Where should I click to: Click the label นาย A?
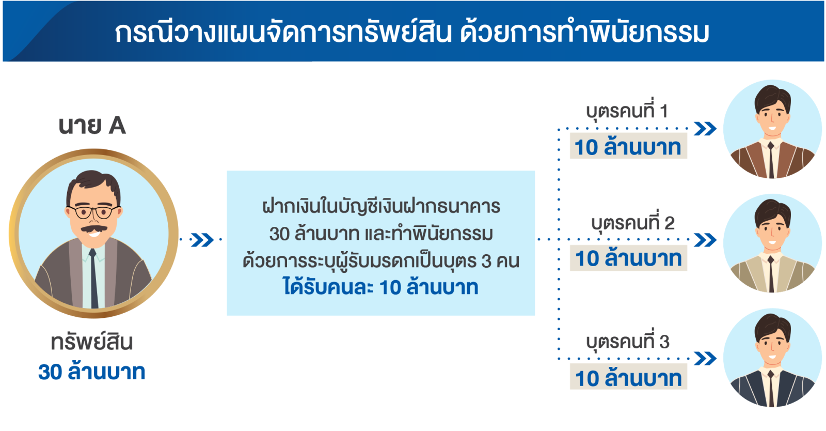click(92, 126)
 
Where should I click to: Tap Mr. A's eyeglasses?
click(93, 212)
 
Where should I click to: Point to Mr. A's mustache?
click(93, 228)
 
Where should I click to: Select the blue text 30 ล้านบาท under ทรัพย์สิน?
click(92, 372)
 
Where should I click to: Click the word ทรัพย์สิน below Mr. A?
click(92, 342)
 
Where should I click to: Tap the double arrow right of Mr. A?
click(202, 240)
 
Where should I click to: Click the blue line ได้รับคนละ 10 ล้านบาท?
click(380, 287)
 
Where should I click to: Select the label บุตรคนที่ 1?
click(627, 111)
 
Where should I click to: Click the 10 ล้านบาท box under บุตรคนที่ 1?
click(628, 147)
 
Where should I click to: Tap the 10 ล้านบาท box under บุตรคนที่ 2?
click(628, 258)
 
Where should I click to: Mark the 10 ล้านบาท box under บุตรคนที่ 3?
click(628, 378)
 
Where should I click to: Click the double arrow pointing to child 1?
click(705, 129)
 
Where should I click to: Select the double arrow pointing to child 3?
click(705, 359)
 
